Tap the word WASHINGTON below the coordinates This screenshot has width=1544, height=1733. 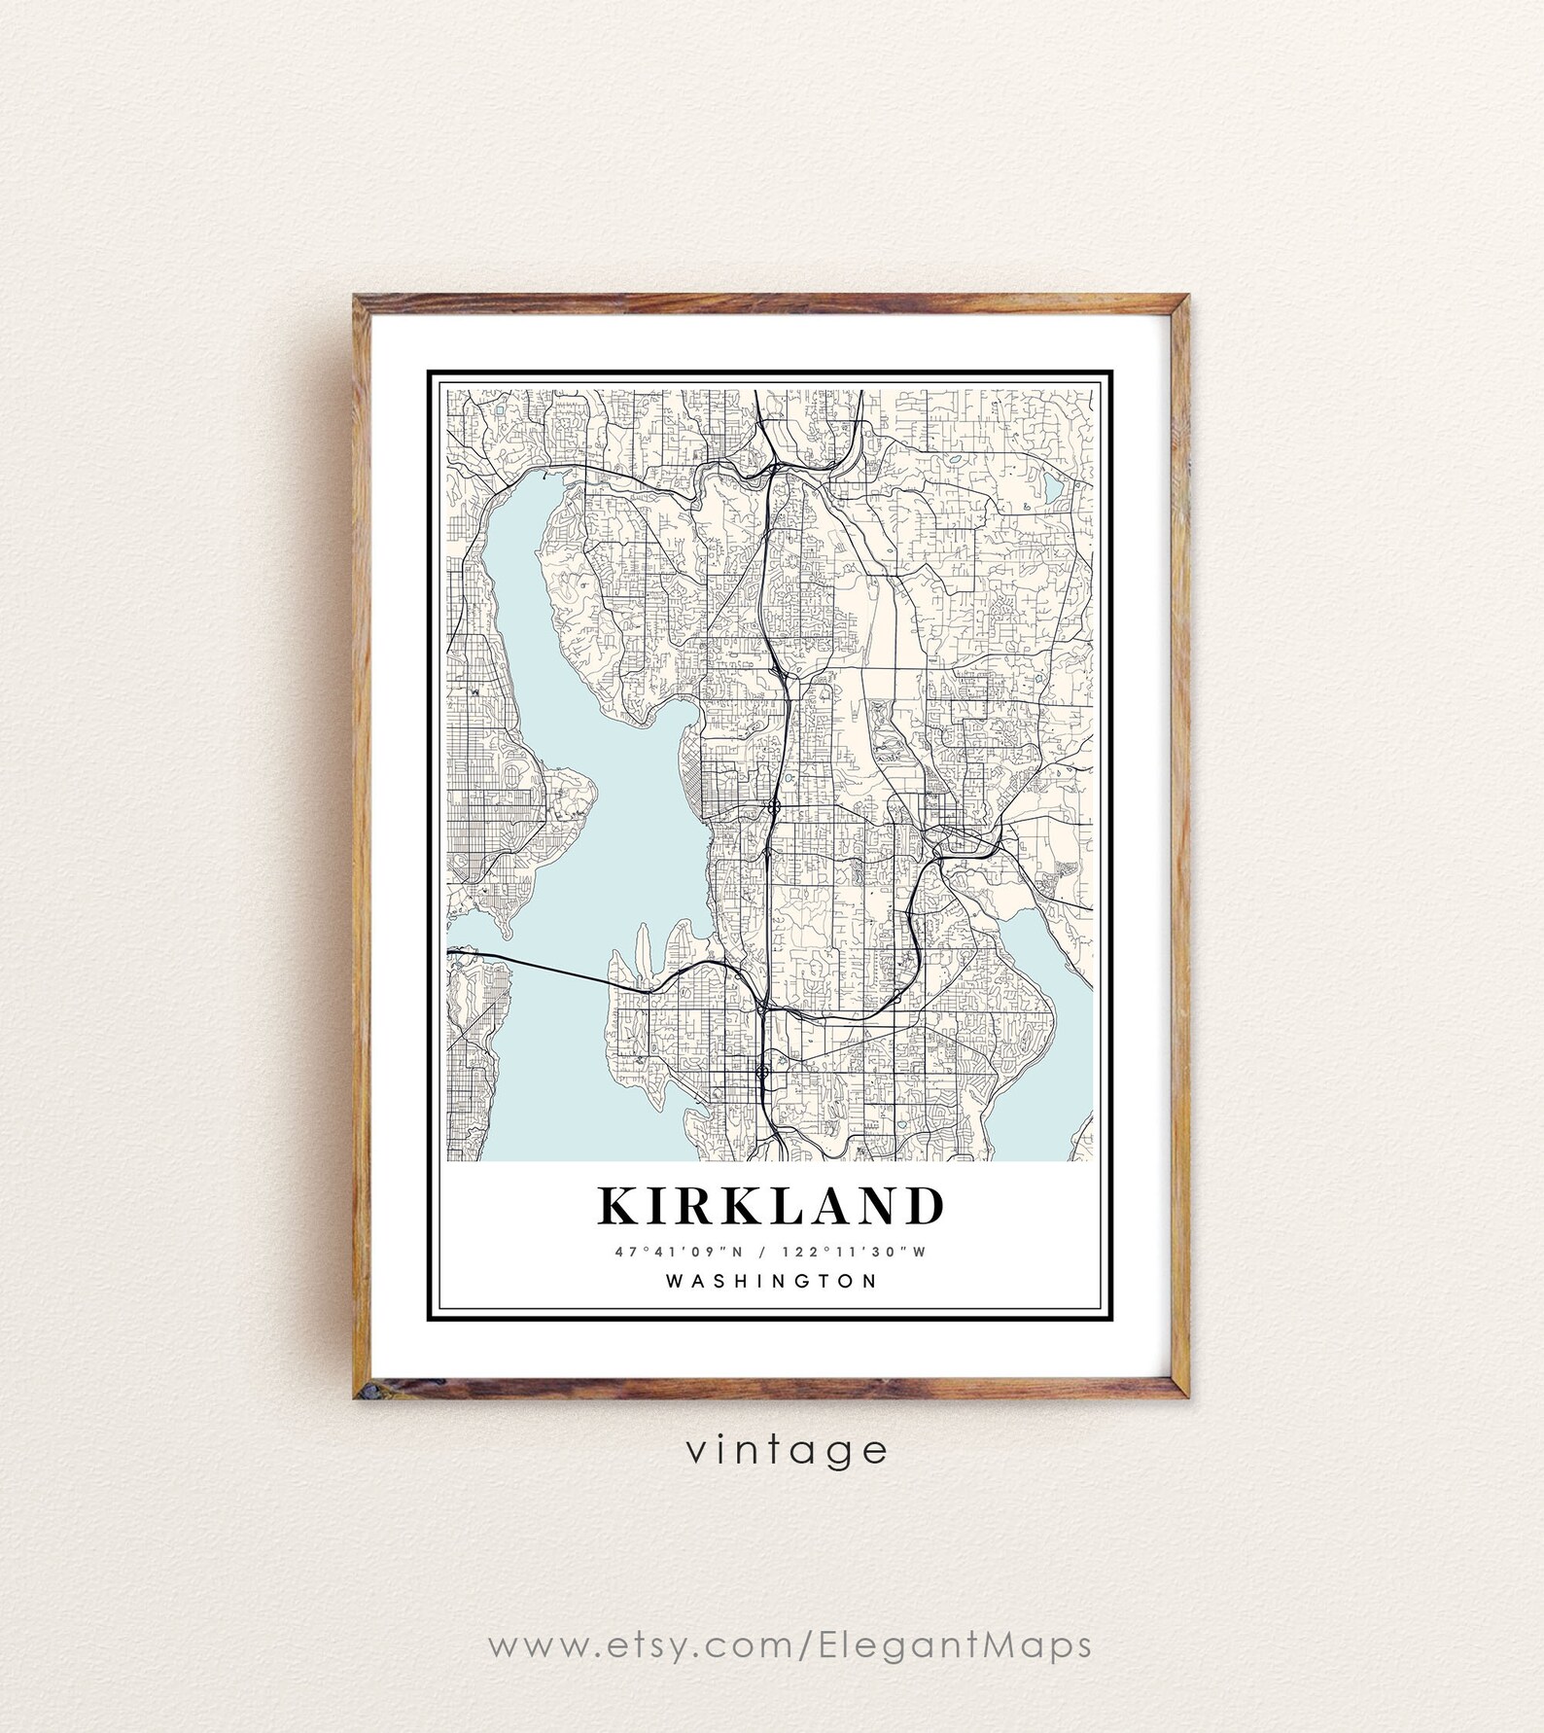pos(771,1281)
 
